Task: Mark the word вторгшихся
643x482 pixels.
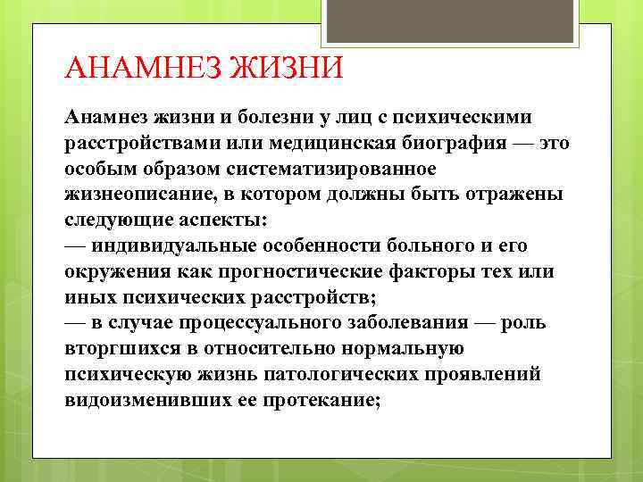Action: (x=120, y=348)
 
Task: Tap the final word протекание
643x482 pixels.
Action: (x=321, y=400)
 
